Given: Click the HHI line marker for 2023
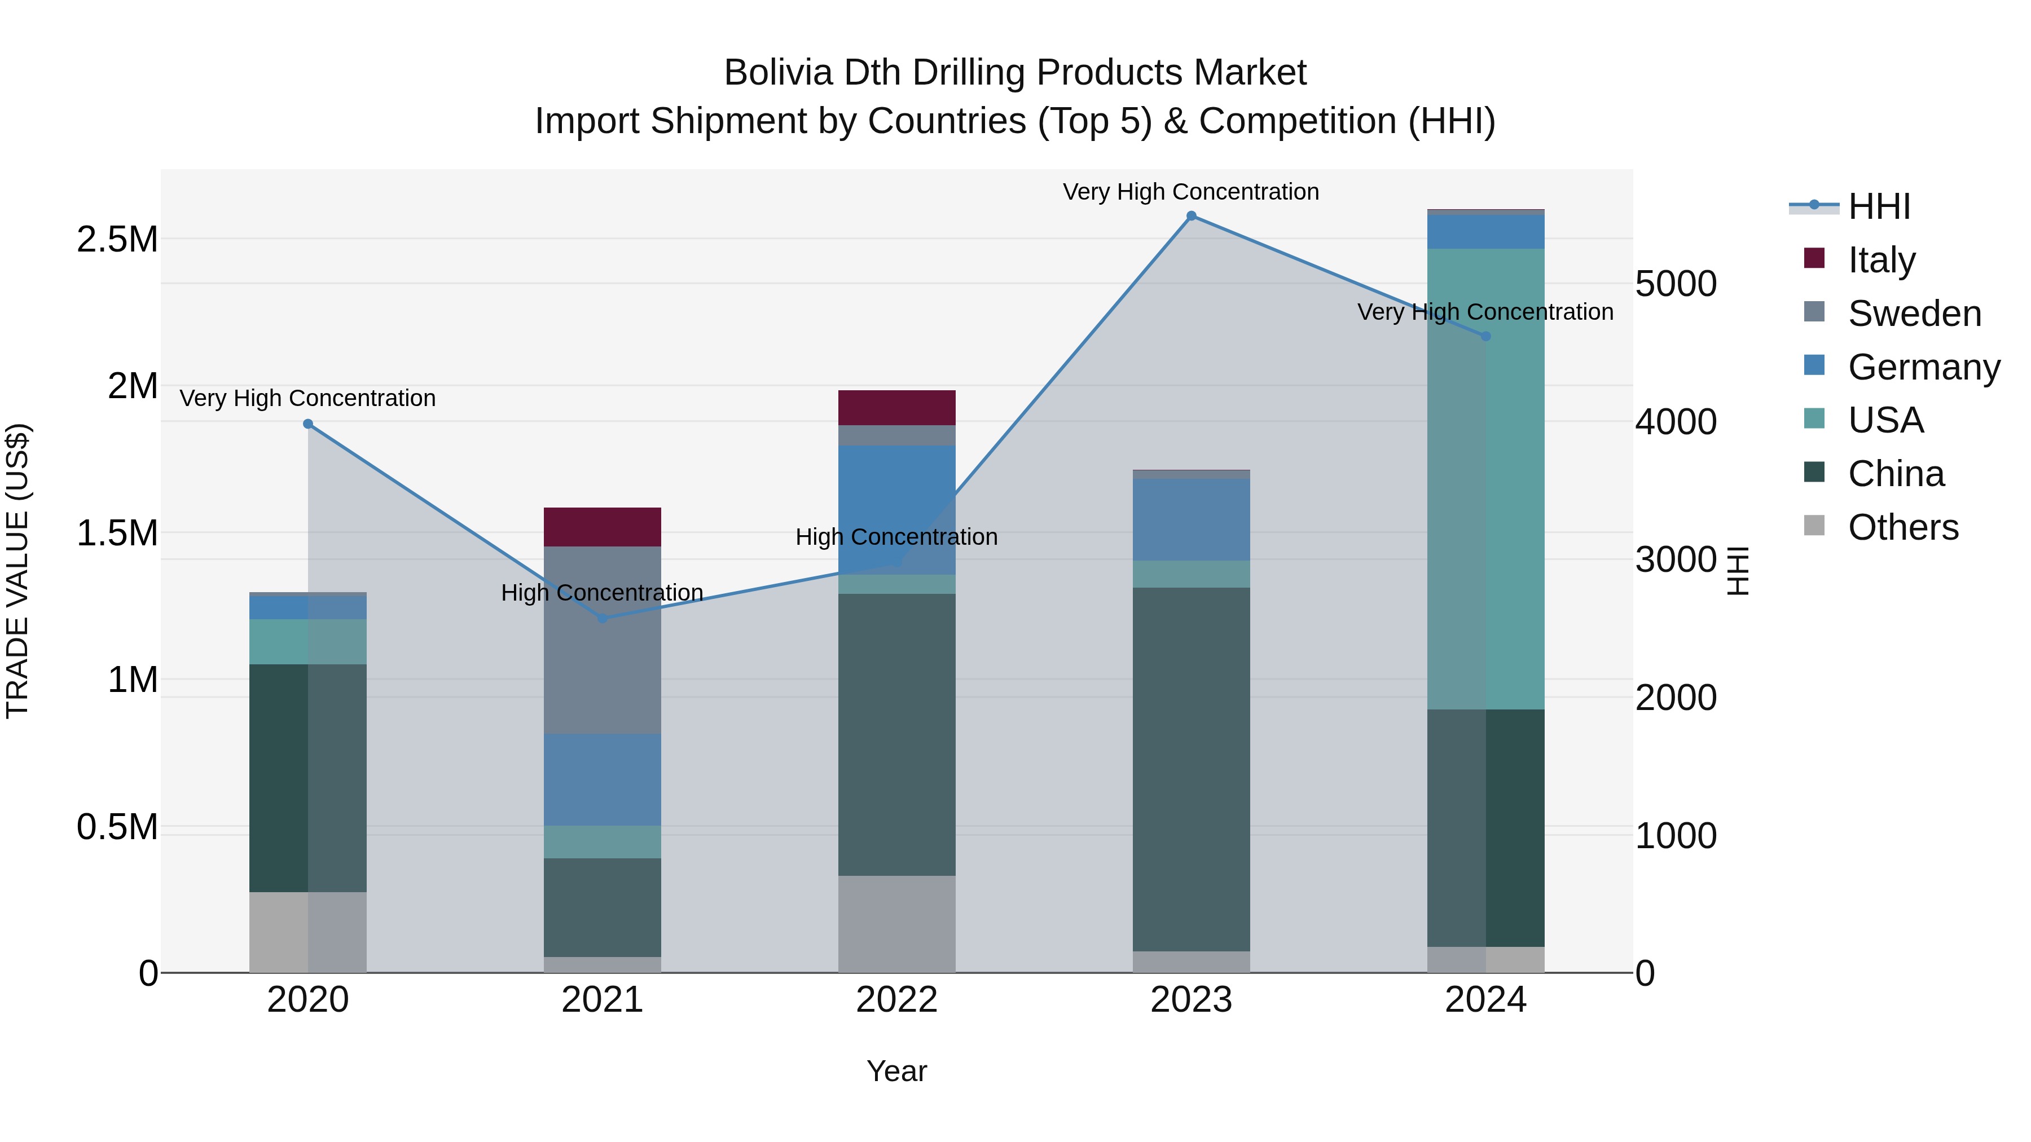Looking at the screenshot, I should pos(1192,216).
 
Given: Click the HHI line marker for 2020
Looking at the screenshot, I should pos(308,424).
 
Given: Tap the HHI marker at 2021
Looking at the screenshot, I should pos(603,619).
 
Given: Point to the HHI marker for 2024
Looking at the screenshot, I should pos(1485,337).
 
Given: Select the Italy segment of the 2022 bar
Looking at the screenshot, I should pos(896,408).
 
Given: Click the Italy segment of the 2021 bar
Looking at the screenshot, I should pos(603,527).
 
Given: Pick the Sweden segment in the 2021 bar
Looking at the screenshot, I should pos(603,640).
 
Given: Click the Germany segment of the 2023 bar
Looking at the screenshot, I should pos(1192,519).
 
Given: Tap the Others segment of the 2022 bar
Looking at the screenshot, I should pos(896,924).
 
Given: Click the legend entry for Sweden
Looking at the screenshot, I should pos(1914,314).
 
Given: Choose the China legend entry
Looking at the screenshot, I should pos(1896,474).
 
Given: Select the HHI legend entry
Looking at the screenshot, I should pos(1879,206).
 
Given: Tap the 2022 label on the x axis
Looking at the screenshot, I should pos(896,1000).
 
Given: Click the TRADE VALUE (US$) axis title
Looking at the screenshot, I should pos(17,571).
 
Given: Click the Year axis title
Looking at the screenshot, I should pos(896,1071).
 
